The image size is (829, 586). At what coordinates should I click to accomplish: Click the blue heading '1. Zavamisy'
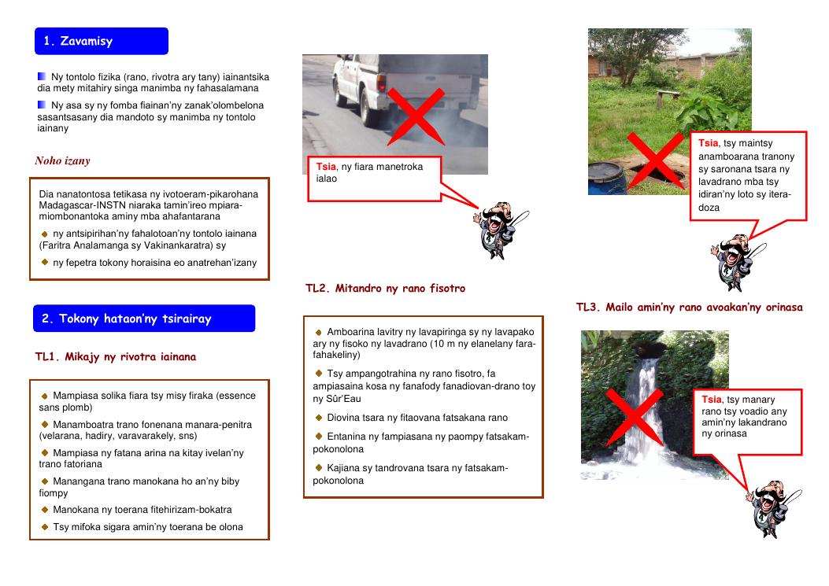pos(102,41)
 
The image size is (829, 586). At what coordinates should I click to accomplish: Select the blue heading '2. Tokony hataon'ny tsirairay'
pos(144,319)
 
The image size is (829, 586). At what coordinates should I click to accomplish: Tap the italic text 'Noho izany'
pos(62,160)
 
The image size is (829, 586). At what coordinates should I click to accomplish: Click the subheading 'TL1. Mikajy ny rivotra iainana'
pos(116,356)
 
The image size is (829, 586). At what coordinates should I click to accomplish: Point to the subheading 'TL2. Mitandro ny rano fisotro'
pos(386,288)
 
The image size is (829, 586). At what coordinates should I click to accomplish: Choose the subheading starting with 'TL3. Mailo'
pos(690,307)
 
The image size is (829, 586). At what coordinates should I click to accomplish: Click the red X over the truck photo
pos(416,116)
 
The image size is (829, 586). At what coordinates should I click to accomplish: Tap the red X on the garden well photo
pos(656,160)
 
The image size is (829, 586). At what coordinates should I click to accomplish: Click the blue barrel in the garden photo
pos(606,178)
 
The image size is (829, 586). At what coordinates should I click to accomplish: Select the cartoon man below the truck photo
pos(500,230)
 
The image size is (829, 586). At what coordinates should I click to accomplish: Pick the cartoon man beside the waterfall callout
pos(773,508)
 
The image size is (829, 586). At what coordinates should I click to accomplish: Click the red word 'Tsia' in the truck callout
pos(326,167)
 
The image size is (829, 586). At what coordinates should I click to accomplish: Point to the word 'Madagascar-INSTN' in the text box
pos(75,205)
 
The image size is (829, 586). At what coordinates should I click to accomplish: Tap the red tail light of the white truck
pos(381,83)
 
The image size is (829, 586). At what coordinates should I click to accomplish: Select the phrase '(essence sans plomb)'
pos(147,401)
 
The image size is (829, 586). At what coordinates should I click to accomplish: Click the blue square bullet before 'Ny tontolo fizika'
pos(42,76)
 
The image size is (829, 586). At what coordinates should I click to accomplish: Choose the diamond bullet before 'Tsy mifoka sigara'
pos(45,527)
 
